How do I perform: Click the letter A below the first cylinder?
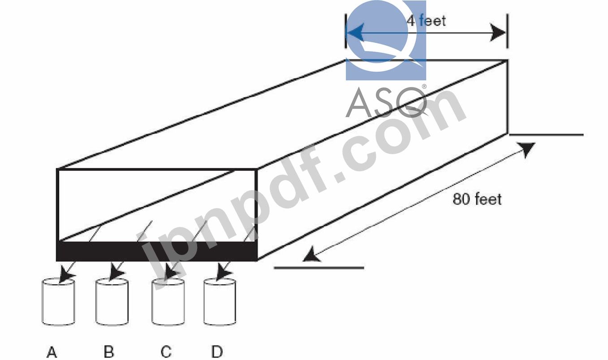pyautogui.click(x=52, y=352)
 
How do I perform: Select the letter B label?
pyautogui.click(x=109, y=352)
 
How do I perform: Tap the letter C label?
pyautogui.click(x=166, y=352)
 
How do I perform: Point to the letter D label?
pyautogui.click(x=217, y=352)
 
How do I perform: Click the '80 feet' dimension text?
pyautogui.click(x=477, y=199)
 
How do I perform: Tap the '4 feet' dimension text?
pyautogui.click(x=427, y=20)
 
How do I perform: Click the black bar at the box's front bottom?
pyautogui.click(x=156, y=252)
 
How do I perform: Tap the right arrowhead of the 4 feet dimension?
pyautogui.click(x=498, y=33)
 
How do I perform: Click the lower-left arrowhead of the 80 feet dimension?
pyautogui.click(x=310, y=256)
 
